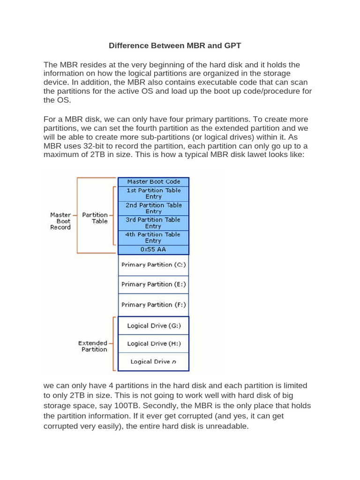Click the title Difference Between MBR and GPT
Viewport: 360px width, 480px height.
(x=175, y=45)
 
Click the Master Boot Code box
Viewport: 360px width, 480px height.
(x=153, y=181)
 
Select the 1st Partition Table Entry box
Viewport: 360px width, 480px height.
(x=153, y=194)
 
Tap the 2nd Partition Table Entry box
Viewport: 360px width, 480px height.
(x=153, y=208)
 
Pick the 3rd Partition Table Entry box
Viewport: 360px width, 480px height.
(x=153, y=223)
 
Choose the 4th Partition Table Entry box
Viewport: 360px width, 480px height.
(x=153, y=237)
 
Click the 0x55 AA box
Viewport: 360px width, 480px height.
(x=153, y=249)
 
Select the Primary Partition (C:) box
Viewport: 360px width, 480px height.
(x=153, y=265)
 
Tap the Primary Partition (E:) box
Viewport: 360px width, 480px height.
(x=153, y=285)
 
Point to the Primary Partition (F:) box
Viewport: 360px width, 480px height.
(x=153, y=305)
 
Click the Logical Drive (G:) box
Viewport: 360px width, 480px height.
(x=153, y=326)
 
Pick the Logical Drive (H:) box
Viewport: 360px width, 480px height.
(x=153, y=344)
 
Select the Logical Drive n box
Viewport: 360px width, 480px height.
(x=153, y=361)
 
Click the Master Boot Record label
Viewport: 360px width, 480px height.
(x=60, y=221)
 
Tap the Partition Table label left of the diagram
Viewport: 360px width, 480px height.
(x=95, y=218)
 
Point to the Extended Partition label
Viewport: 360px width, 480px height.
(x=93, y=346)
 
